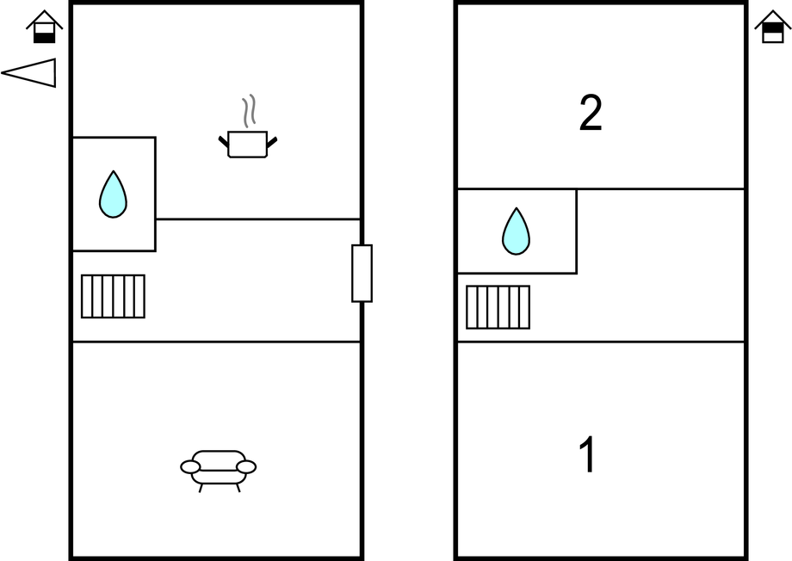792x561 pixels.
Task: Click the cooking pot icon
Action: pyautogui.click(x=248, y=144)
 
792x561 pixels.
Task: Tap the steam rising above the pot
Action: pyautogui.click(x=248, y=111)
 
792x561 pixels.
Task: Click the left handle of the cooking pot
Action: pyautogui.click(x=223, y=140)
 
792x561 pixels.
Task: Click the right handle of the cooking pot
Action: pyautogui.click(x=273, y=140)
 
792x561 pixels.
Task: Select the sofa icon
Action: pyautogui.click(x=218, y=469)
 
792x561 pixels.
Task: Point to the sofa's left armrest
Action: pyautogui.click(x=190, y=466)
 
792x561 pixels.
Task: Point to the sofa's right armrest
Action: pyautogui.click(x=246, y=466)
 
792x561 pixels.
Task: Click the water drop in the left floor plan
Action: pyautogui.click(x=113, y=194)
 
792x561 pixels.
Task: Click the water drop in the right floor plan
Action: pyautogui.click(x=516, y=231)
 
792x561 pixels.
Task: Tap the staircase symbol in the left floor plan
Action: pyautogui.click(x=113, y=296)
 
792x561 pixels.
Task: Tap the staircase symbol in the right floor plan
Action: pyautogui.click(x=498, y=307)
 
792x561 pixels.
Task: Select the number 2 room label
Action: pyautogui.click(x=591, y=114)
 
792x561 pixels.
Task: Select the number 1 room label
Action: pyautogui.click(x=587, y=456)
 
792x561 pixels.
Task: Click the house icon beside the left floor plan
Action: pyautogui.click(x=45, y=27)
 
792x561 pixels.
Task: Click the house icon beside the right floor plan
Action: pyautogui.click(x=772, y=27)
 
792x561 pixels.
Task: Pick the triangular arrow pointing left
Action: pyautogui.click(x=31, y=73)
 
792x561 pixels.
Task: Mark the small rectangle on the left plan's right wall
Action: pyautogui.click(x=362, y=273)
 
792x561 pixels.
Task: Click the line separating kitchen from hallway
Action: pyautogui.click(x=258, y=219)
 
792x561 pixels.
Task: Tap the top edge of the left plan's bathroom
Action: pyautogui.click(x=113, y=138)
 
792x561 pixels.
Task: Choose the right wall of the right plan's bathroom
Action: pyautogui.click(x=576, y=231)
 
